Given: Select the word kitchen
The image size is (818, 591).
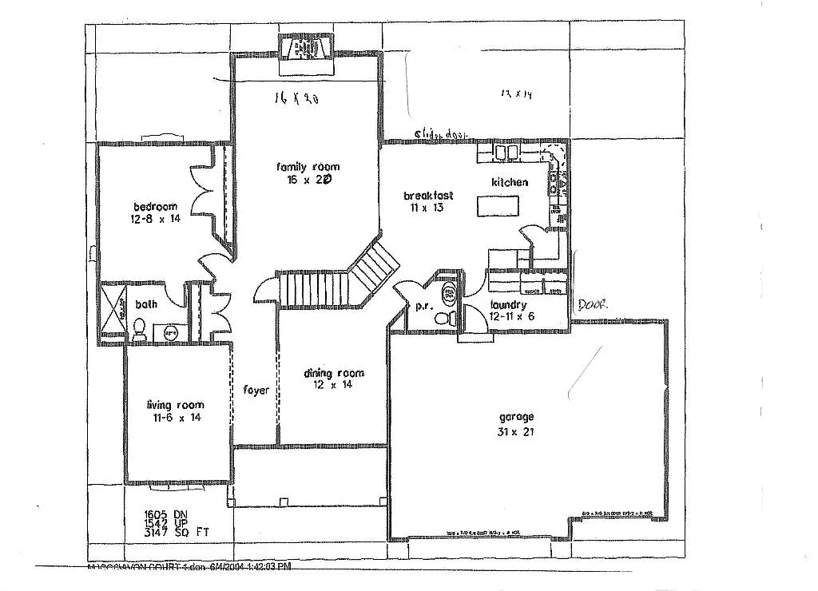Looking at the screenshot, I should pyautogui.click(x=510, y=182).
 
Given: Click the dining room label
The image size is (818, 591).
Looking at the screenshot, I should pyautogui.click(x=333, y=379).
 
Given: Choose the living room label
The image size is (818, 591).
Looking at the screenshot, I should pyautogui.click(x=174, y=411).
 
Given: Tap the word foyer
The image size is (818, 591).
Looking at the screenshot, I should pyautogui.click(x=256, y=390).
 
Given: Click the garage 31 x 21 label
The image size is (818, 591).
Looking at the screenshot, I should pyautogui.click(x=516, y=424).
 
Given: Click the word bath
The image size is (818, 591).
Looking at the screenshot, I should pyautogui.click(x=145, y=303).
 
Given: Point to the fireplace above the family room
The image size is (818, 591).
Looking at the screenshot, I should pyautogui.click(x=309, y=50).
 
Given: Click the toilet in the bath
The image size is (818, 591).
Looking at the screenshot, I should pyautogui.click(x=138, y=328).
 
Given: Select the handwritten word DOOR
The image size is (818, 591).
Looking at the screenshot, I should pyautogui.click(x=593, y=304).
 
